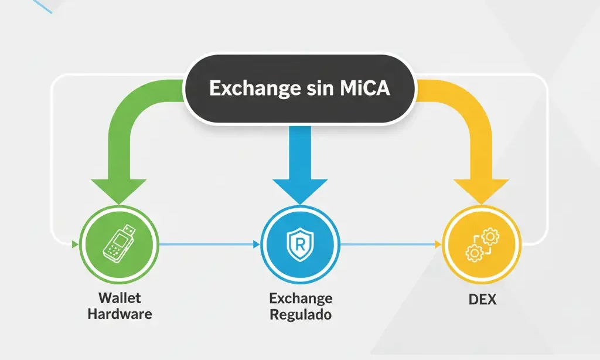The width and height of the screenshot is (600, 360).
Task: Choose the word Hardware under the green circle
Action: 120,314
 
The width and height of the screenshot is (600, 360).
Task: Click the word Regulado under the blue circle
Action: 300,314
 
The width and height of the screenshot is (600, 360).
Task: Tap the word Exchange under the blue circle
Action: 300,298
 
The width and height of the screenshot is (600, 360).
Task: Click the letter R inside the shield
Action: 299,243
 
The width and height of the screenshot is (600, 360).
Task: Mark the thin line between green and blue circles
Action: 208,243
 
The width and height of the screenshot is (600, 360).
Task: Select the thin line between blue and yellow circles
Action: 390,243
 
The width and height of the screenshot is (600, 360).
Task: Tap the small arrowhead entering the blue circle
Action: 257,243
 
